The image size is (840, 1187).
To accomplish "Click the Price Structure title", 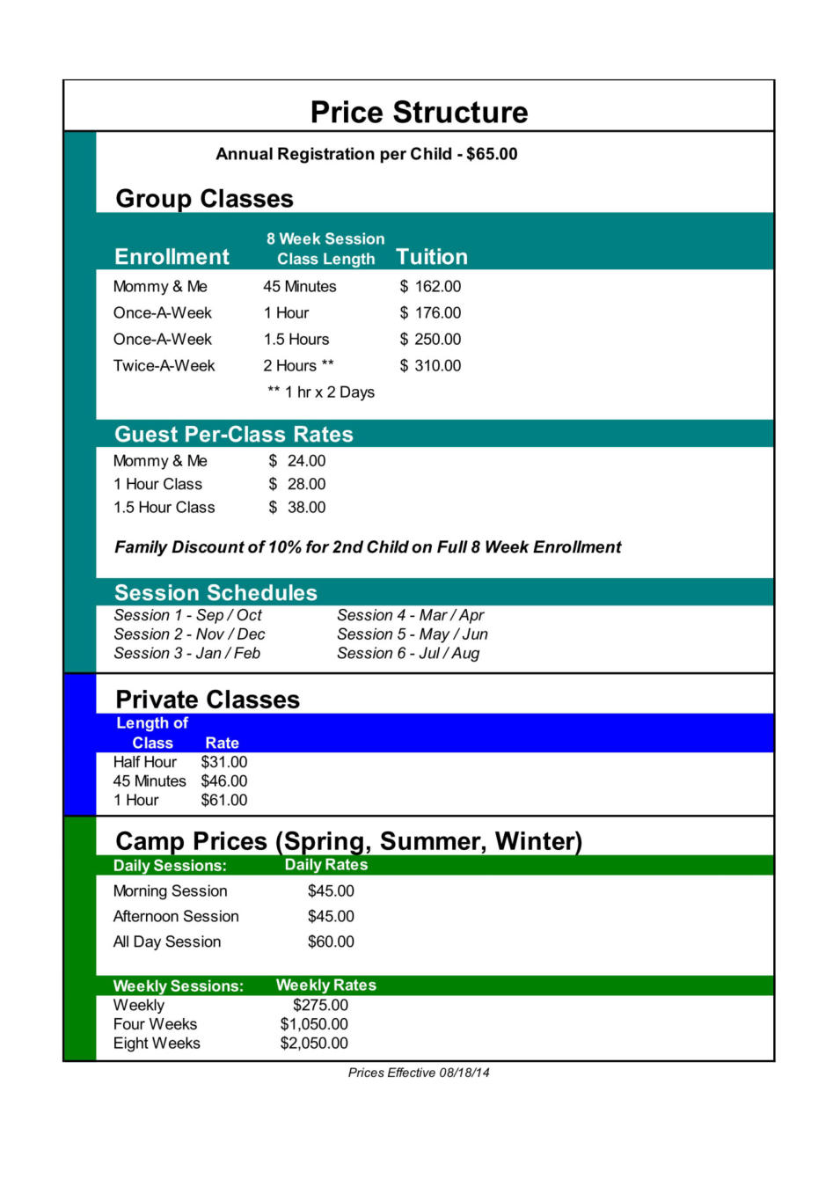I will coord(419,113).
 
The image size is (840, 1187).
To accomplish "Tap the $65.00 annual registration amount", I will coord(492,154).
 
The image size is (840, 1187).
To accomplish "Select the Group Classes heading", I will coord(204,199).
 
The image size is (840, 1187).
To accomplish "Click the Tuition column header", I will coord(431,257).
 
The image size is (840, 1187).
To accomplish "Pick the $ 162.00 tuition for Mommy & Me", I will coord(430,287).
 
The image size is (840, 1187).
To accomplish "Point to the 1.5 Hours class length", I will coord(296,340).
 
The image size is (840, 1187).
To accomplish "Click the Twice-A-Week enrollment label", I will coord(164,366).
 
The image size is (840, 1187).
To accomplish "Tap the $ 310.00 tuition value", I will coord(430,366).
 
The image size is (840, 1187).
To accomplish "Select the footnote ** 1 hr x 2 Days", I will coord(321,392).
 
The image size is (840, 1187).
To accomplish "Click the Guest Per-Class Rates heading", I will coord(233,435).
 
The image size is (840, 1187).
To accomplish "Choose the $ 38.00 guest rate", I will coord(297,508).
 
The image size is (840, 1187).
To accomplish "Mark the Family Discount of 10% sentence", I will coord(368,547).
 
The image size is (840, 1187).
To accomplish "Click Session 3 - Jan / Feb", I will coord(186,654).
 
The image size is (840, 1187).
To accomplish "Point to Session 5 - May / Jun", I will coord(412,634).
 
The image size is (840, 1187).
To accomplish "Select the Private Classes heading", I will coord(208,700).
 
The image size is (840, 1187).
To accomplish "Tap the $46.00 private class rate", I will coord(224,781).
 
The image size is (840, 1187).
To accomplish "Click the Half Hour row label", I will coord(145,762).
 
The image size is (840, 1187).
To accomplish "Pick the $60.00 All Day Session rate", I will coord(331,942).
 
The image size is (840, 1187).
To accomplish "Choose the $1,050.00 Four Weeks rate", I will coord(314,1024).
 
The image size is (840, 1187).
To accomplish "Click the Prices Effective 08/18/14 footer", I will coord(419,1073).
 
